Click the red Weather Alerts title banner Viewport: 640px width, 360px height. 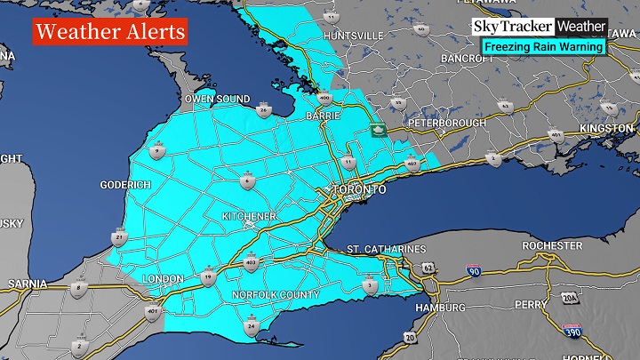pyautogui.click(x=111, y=33)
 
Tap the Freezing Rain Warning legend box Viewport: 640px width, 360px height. pyautogui.click(x=542, y=46)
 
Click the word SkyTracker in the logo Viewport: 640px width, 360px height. pyautogui.click(x=510, y=28)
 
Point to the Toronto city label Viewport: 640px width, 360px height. pyautogui.click(x=361, y=190)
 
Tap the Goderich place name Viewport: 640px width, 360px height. pyautogui.click(x=127, y=184)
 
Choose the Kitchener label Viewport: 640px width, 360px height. pyautogui.click(x=250, y=216)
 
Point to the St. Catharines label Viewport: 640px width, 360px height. pyautogui.click(x=386, y=249)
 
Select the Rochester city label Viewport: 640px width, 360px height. pyautogui.click(x=553, y=245)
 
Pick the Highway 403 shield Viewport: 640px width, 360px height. pyautogui.click(x=251, y=264)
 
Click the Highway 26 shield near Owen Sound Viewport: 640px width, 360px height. pyautogui.click(x=263, y=111)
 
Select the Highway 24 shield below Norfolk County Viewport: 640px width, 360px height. pyautogui.click(x=252, y=326)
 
